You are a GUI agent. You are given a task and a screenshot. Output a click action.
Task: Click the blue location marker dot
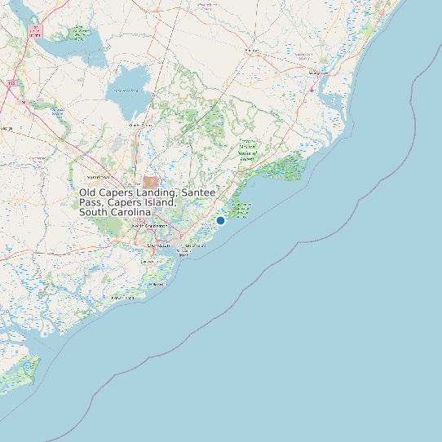point(220,220)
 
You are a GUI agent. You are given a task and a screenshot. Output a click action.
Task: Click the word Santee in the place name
point(198,192)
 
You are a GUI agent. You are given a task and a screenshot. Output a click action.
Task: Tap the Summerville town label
point(97,176)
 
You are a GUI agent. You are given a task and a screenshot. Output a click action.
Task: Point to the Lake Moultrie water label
point(127,91)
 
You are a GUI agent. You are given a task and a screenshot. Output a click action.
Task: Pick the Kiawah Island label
point(122,298)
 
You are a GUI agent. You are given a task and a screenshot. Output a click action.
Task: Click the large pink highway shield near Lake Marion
point(34,32)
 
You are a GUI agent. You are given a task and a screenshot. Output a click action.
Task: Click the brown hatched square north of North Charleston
point(151,183)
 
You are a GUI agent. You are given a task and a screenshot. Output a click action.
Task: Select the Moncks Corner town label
point(139,125)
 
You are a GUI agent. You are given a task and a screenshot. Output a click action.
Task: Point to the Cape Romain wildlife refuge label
point(241,210)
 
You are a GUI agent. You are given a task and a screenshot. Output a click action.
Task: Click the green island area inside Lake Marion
point(79,33)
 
